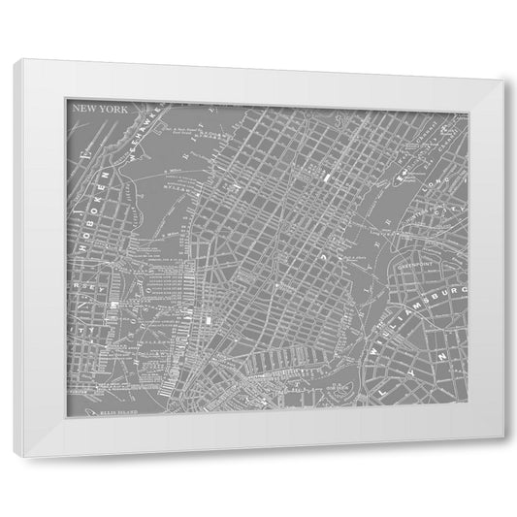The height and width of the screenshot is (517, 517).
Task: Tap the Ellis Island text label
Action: [x=114, y=411]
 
